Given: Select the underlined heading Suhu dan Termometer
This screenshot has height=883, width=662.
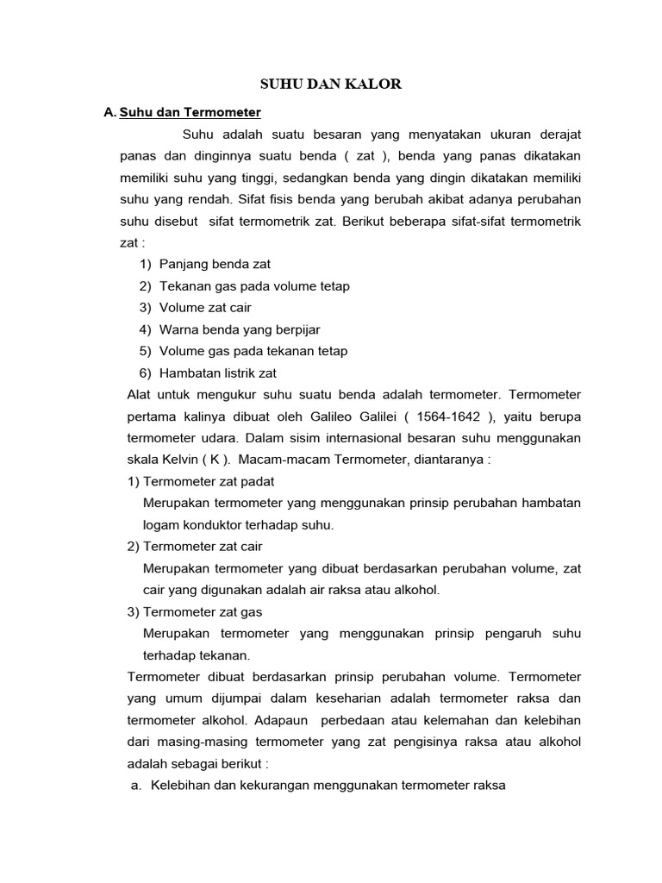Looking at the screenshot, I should [x=190, y=112].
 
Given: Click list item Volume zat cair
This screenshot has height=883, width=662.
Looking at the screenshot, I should [x=205, y=308].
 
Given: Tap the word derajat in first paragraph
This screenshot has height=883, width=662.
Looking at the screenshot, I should [x=560, y=135].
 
